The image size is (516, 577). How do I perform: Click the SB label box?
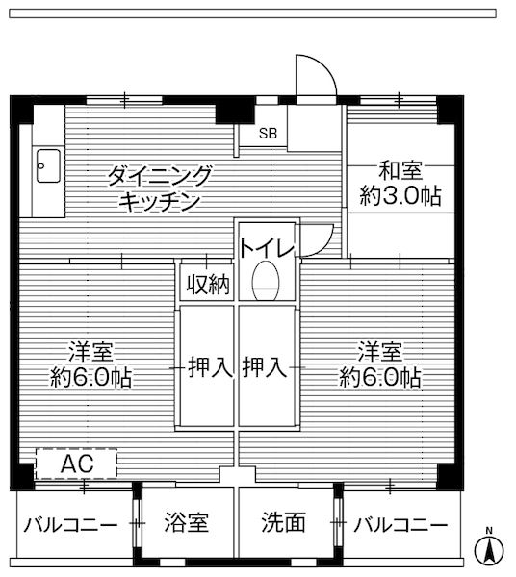point(268,134)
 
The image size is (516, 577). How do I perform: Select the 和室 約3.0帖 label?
point(398,184)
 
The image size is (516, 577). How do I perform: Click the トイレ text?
point(267,246)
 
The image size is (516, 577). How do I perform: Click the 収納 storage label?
point(207,284)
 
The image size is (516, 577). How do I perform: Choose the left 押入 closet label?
point(207,366)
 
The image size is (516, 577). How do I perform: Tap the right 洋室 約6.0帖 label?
point(379,364)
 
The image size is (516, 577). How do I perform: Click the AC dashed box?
point(77,464)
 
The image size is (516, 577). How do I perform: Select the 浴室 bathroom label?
point(186,523)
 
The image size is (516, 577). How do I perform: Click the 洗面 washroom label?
point(284,523)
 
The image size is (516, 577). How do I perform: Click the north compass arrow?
point(489,551)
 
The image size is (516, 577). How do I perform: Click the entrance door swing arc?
point(318,69)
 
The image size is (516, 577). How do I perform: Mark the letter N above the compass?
point(489,531)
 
